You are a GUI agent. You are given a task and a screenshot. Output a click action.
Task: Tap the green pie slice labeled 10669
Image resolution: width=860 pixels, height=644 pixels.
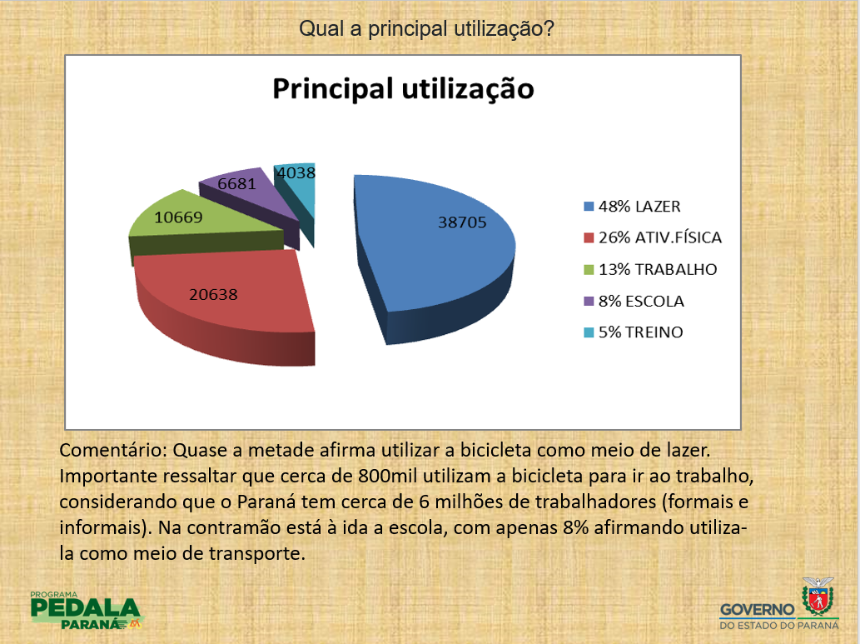(203, 225)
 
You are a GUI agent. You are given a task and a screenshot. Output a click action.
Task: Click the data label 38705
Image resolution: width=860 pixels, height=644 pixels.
(462, 222)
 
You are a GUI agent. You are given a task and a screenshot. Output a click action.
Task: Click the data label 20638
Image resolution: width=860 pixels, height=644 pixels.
(213, 295)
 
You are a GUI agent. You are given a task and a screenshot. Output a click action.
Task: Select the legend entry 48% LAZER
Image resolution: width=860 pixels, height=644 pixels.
(633, 207)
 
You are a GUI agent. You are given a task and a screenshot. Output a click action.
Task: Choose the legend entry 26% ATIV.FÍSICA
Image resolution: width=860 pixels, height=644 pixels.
(653, 237)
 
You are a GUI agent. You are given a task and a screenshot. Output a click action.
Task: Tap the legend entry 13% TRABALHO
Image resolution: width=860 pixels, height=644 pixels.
(650, 270)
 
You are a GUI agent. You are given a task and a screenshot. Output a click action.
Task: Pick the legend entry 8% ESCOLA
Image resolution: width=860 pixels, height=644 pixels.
(634, 302)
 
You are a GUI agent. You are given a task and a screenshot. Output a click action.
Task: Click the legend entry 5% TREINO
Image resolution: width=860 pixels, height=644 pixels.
(634, 332)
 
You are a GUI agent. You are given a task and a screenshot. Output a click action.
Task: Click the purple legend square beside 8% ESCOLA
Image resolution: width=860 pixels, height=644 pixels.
(589, 302)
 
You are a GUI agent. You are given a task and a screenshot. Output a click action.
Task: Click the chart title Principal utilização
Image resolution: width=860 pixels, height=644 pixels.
(403, 89)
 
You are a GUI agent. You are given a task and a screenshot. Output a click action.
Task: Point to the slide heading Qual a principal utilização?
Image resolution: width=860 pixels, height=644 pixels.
(426, 28)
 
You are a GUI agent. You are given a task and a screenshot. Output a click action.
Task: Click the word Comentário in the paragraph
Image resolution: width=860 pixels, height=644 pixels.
(113, 450)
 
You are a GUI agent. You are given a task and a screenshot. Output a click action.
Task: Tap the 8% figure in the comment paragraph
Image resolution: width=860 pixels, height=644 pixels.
(575, 527)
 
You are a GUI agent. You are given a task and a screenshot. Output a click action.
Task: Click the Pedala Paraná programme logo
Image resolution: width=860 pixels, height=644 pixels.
(87, 611)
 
